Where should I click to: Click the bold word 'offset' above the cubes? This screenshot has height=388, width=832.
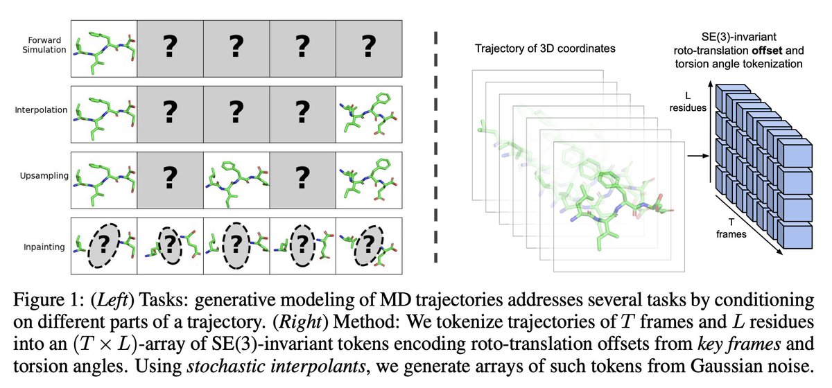click(781, 48)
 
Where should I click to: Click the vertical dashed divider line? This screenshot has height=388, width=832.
click(435, 145)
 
